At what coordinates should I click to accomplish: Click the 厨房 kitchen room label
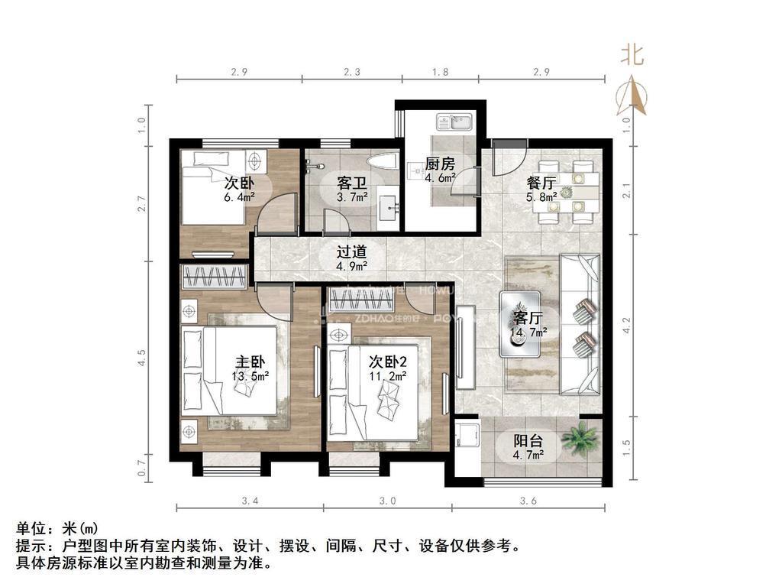440,164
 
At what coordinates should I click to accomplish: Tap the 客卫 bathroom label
352,183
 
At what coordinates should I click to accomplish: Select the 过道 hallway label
352,251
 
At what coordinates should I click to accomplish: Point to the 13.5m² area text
250,375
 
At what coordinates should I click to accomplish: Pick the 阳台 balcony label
528,441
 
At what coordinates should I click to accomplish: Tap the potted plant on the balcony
580,439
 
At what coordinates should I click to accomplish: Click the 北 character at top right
632,55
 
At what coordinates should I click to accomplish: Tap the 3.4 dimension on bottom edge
250,501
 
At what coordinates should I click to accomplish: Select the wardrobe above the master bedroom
215,276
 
